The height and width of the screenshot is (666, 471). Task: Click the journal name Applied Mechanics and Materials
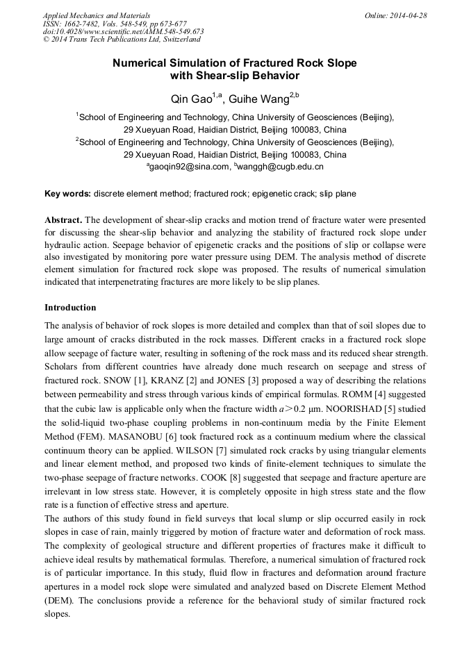97,15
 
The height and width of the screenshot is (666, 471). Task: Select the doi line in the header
123,31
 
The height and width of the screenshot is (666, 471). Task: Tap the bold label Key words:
67,193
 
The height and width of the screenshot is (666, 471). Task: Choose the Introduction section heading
70,307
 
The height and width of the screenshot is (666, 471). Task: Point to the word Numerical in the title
141,63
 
